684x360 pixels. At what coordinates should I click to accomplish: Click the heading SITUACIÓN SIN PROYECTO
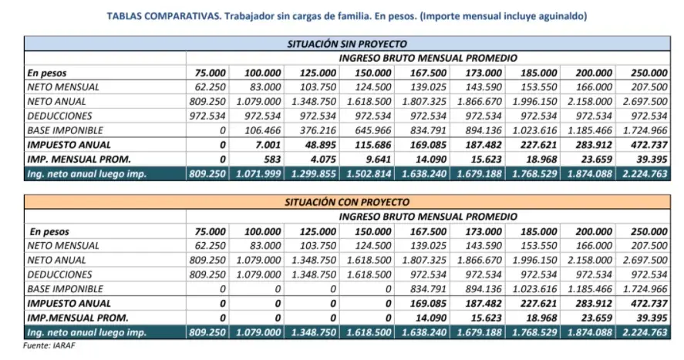(x=347, y=44)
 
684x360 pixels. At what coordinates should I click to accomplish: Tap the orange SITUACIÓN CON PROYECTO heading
(x=347, y=202)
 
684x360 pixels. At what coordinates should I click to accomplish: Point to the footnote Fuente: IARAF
(x=49, y=345)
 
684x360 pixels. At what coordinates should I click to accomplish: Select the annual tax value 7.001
(x=268, y=145)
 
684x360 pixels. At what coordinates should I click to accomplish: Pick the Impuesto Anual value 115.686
(x=373, y=145)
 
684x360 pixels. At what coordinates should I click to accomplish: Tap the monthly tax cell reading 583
(x=272, y=159)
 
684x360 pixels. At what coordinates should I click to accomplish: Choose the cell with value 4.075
(x=323, y=159)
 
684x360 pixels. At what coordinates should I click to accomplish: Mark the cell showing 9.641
(x=379, y=159)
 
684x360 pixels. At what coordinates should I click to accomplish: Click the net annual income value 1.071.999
(x=258, y=174)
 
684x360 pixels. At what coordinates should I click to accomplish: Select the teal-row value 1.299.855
(x=314, y=174)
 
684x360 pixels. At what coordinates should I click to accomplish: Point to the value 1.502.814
(x=369, y=174)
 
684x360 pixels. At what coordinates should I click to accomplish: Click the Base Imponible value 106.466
(x=262, y=130)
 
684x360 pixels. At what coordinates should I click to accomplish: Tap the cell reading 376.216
(x=318, y=130)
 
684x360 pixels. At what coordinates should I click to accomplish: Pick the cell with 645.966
(x=373, y=130)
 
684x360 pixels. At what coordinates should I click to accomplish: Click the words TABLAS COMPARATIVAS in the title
(x=164, y=16)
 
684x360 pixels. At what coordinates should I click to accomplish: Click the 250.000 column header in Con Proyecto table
(x=649, y=231)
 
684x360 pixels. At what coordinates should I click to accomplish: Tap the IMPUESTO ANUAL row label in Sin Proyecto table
(x=62, y=145)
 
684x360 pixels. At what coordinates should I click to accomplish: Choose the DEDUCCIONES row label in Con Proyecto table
(x=59, y=274)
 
